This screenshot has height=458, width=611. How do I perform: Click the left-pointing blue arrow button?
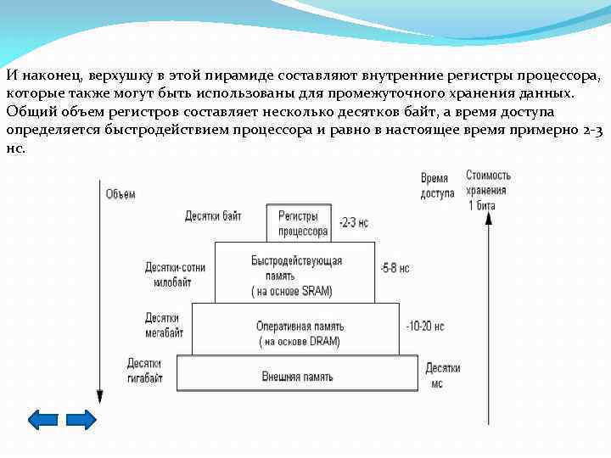43,420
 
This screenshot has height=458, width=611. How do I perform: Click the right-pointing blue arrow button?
81,420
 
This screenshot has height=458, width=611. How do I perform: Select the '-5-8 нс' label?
395,267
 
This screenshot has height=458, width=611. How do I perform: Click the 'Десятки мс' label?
442,375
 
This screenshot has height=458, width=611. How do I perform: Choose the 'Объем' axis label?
121,194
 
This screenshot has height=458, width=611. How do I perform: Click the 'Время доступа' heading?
436,186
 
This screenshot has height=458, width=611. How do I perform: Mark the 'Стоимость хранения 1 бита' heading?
488,189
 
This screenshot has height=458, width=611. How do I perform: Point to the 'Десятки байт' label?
213,216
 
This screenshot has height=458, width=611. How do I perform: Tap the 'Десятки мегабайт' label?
164,325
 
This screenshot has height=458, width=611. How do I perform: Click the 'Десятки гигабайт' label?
145,371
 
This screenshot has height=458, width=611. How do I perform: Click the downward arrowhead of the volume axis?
99,396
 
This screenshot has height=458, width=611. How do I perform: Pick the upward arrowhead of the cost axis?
488,218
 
